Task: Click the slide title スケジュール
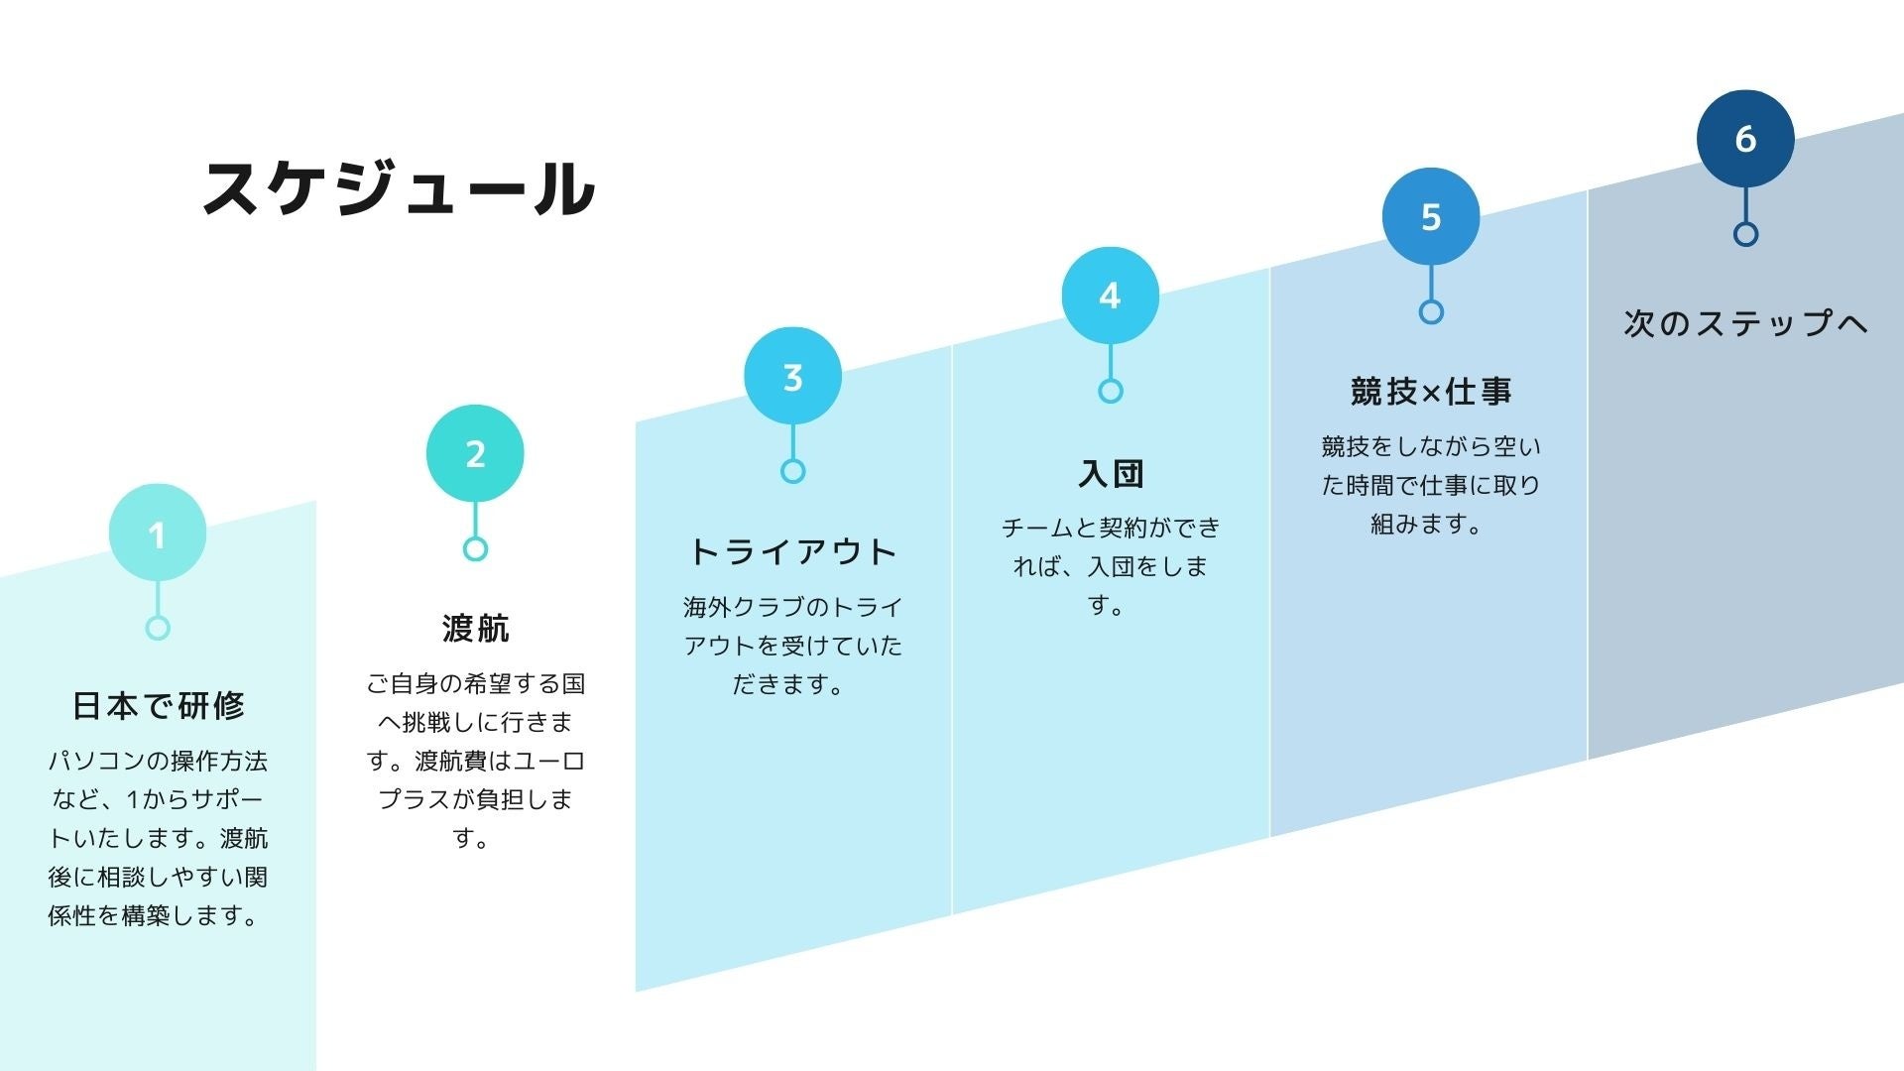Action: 399,188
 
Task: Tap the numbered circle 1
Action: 158,534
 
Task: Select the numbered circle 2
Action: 475,453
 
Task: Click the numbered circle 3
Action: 792,376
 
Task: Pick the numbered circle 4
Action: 1110,296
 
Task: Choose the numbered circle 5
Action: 1430,216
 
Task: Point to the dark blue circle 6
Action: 1745,138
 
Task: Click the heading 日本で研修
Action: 158,705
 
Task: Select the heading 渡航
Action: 475,628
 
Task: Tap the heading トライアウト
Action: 792,551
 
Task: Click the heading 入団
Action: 1111,473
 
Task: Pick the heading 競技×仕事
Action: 1430,392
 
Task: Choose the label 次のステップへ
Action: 1745,322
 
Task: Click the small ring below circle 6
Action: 1745,234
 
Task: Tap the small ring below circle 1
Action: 158,628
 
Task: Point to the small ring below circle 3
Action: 792,471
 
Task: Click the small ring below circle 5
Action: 1430,312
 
